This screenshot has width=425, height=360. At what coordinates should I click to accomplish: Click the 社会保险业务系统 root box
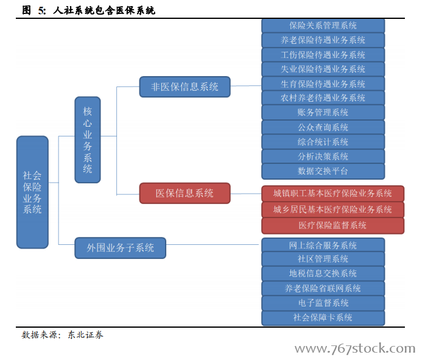(32, 192)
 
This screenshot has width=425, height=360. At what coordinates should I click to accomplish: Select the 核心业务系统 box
(88, 139)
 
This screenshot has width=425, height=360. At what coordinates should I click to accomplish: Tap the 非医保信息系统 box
(185, 86)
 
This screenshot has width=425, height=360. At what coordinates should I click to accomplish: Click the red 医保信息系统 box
(185, 193)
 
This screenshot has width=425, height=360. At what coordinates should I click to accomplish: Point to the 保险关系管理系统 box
(323, 26)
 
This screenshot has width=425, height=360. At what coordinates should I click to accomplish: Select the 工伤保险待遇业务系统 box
(323, 55)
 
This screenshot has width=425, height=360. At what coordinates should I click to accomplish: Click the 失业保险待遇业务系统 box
(323, 69)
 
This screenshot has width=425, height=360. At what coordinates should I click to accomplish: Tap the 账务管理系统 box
(323, 112)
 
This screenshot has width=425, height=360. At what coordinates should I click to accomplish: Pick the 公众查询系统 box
(323, 127)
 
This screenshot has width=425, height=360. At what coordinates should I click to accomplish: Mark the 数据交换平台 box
(323, 171)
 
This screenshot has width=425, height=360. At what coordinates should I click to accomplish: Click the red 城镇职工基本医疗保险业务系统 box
(333, 194)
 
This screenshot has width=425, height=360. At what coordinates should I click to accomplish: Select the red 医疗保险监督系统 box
(333, 225)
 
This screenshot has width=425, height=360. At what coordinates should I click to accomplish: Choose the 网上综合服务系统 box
(323, 245)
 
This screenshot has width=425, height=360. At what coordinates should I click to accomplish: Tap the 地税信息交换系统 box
(323, 274)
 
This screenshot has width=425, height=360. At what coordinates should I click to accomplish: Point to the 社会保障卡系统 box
(323, 317)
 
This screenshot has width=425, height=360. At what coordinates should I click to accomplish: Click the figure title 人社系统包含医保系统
(104, 10)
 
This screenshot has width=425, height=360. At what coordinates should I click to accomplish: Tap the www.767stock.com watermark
(355, 348)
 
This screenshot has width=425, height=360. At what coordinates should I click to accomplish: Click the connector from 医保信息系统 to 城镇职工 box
(246, 194)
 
